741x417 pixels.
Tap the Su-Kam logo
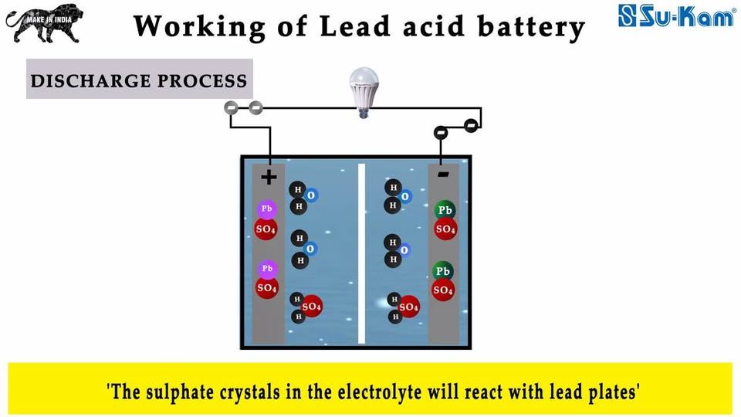(677, 15)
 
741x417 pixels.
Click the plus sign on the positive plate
(269, 178)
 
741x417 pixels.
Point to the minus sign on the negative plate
(443, 175)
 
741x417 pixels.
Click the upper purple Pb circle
(267, 209)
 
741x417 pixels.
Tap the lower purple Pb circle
(268, 269)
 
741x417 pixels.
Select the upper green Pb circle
(445, 210)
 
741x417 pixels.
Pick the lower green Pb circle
(443, 271)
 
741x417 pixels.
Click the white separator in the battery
(361, 253)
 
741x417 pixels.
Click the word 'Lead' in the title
(355, 26)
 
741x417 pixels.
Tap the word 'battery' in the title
(531, 28)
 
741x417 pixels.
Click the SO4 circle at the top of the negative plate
(445, 229)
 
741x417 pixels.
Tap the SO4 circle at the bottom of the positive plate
(266, 287)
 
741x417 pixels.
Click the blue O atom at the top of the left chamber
(310, 195)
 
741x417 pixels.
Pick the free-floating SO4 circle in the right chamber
(408, 307)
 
